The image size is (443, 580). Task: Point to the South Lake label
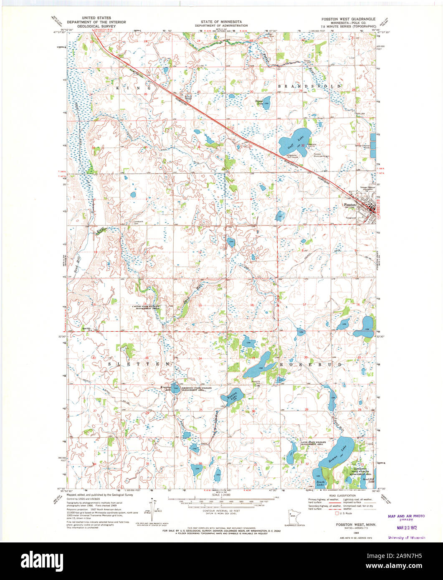(320, 483)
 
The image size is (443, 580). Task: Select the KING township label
(133, 88)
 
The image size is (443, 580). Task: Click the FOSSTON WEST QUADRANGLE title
(348, 19)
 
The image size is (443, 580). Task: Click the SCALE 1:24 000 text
(221, 495)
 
